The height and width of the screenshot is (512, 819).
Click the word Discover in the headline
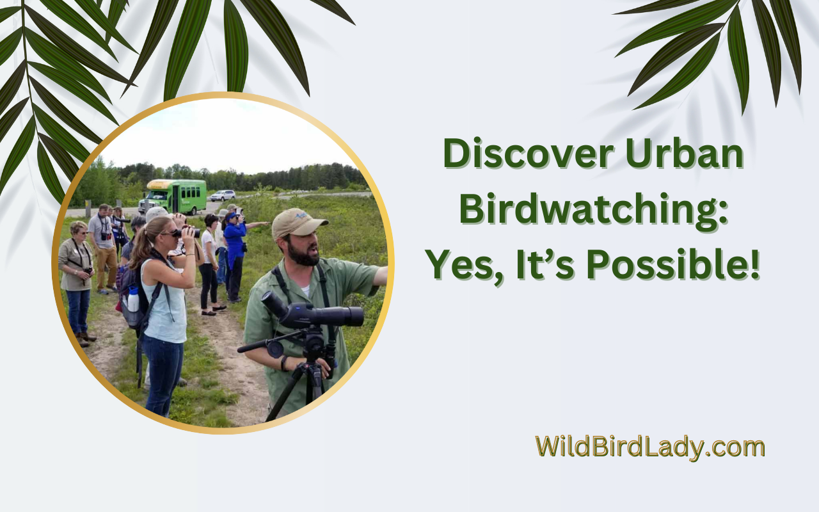pyautogui.click(x=528, y=153)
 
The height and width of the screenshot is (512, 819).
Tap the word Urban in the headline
pyautogui.click(x=685, y=153)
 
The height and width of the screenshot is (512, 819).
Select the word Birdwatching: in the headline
pyautogui.click(x=594, y=211)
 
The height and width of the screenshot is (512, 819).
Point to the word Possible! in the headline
pyautogui.click(x=673, y=265)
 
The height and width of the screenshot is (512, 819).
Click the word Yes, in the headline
pyautogui.click(x=466, y=266)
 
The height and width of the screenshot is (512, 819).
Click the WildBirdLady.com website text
pyautogui.click(x=650, y=447)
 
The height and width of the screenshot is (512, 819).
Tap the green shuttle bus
pyautogui.click(x=172, y=196)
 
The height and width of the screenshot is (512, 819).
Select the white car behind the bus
pyautogui.click(x=222, y=196)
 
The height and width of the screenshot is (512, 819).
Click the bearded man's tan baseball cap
pyautogui.click(x=298, y=222)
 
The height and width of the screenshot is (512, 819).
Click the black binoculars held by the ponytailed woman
pyautogui.click(x=187, y=232)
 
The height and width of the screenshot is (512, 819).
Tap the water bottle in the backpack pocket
pyautogui.click(x=133, y=299)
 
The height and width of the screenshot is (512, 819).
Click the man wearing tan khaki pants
pyautogui.click(x=104, y=249)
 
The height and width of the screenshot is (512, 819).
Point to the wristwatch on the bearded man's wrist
pyautogui.click(x=283, y=363)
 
